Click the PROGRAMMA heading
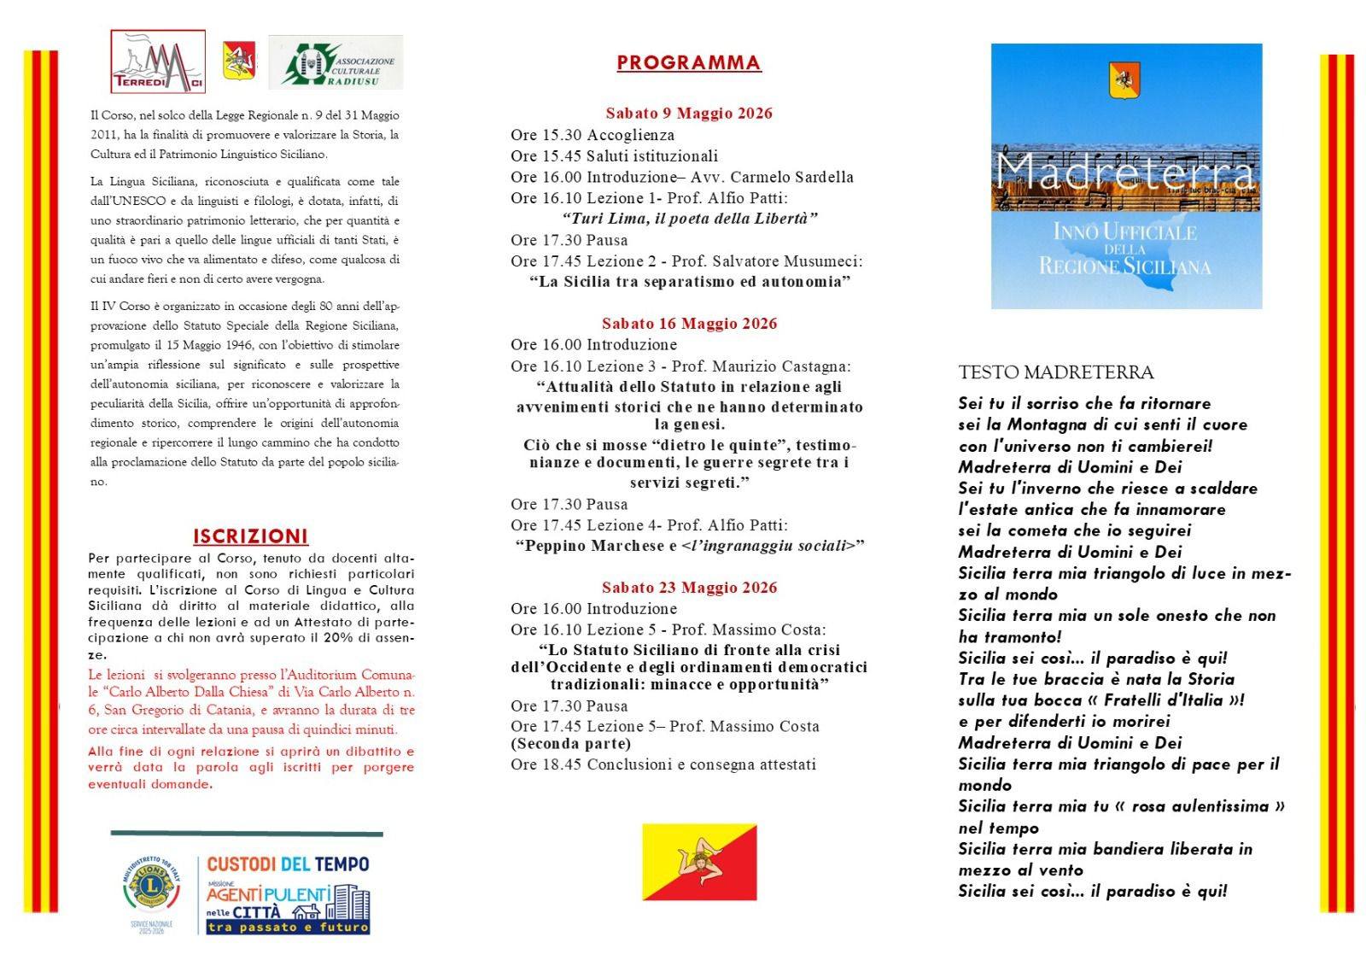(x=688, y=62)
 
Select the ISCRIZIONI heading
(x=250, y=536)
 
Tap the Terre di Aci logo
(x=158, y=61)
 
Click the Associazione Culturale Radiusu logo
(x=336, y=62)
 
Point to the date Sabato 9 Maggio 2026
(x=689, y=113)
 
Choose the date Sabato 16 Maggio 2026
(x=689, y=324)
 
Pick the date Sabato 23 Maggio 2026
(x=689, y=588)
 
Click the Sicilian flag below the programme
(x=699, y=862)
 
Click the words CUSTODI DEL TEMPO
(x=288, y=864)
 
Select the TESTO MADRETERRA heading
(x=1055, y=372)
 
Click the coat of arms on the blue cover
(x=1124, y=79)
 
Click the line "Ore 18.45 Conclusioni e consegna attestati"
(x=663, y=764)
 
